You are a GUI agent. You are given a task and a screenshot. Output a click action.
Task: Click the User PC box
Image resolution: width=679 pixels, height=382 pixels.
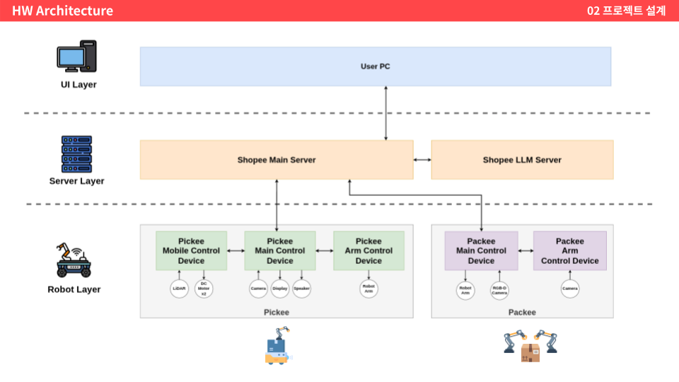coord(375,66)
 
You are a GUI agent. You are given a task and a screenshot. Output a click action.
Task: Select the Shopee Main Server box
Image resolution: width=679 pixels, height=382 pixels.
coord(276,160)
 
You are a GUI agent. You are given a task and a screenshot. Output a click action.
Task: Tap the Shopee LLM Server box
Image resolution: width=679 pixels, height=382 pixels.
coord(522,160)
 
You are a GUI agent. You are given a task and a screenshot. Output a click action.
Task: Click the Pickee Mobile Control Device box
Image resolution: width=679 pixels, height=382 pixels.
coord(191,250)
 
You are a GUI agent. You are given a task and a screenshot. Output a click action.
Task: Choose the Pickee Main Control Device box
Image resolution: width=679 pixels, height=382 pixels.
coord(280,250)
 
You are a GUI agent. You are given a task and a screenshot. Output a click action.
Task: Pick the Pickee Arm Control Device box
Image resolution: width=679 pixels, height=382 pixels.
coord(368,250)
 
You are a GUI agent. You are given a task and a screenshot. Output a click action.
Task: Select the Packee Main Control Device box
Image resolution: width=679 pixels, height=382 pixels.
coord(481,250)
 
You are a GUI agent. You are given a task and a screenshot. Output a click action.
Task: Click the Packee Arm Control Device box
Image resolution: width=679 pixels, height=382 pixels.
coord(569,250)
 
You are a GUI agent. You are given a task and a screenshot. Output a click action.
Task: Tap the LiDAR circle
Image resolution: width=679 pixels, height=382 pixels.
coord(180,289)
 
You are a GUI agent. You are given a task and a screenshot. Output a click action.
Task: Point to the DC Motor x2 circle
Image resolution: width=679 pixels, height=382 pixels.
coord(204,289)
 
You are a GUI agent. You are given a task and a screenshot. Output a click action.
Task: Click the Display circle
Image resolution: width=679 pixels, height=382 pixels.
coord(280,289)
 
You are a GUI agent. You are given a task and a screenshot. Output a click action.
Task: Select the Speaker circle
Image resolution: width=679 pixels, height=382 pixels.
coord(302,289)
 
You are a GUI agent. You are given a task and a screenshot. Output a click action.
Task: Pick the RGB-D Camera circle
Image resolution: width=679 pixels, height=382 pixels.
coord(500,290)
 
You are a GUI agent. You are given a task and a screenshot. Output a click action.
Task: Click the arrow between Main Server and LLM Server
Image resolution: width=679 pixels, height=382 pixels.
coord(422,160)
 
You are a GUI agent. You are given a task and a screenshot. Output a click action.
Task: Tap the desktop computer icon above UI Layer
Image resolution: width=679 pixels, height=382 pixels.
coord(76,57)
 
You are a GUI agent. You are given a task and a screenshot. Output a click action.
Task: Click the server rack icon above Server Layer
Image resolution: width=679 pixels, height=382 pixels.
coord(76,154)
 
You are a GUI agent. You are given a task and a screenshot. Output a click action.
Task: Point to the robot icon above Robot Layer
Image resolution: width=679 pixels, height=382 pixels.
coord(74,260)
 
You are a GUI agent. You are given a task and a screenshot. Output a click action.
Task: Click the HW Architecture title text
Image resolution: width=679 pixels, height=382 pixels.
coord(62,11)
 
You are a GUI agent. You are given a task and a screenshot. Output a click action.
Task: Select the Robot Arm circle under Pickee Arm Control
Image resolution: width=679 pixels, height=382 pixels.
coord(368,289)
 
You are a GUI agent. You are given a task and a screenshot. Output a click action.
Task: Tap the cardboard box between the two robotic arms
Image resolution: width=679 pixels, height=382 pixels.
coord(530,352)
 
